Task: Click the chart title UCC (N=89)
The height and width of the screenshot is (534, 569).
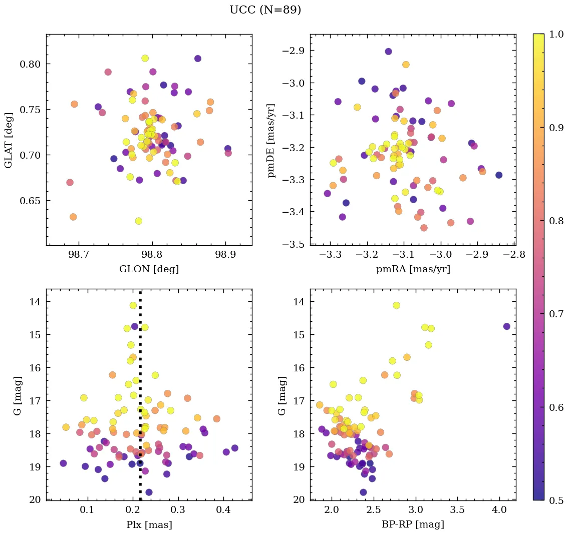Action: [x=265, y=10]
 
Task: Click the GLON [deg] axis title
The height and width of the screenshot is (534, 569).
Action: [x=149, y=269]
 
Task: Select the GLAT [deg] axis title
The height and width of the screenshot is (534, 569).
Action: [x=9, y=140]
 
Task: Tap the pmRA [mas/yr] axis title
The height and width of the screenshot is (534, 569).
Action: [x=413, y=269]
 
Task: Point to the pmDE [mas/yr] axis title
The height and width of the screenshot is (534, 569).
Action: [x=271, y=140]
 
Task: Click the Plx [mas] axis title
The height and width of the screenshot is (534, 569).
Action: [x=149, y=525]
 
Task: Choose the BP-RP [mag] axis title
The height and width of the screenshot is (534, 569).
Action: [x=413, y=525]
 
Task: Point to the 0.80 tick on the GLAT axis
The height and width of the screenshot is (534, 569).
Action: [x=30, y=64]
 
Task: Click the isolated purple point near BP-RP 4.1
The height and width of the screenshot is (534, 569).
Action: [x=506, y=326]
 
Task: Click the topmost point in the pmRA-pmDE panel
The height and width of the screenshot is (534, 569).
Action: [x=388, y=52]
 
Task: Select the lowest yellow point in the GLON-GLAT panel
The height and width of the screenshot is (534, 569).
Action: [x=139, y=221]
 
